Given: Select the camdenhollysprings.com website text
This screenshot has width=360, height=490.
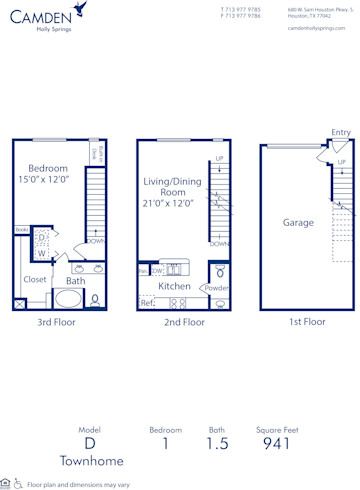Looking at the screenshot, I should pos(315,29).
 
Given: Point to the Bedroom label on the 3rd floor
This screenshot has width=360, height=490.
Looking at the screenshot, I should pos(47,168).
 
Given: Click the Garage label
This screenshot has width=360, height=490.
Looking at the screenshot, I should pos(298,223).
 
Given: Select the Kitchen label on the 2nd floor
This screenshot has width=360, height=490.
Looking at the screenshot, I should pos(174,287).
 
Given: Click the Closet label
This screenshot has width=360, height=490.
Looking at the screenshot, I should pos(34,280).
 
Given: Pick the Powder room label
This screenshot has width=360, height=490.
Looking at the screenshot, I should pos(217,288).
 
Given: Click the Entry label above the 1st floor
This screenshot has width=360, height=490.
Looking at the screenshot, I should pos(341,132).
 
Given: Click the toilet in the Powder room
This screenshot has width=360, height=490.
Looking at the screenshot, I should pos(219,271).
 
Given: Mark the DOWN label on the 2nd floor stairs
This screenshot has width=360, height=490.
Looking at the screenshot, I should pos(220,243).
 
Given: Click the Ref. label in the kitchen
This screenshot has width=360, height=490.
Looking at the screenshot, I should pos(147,302).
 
